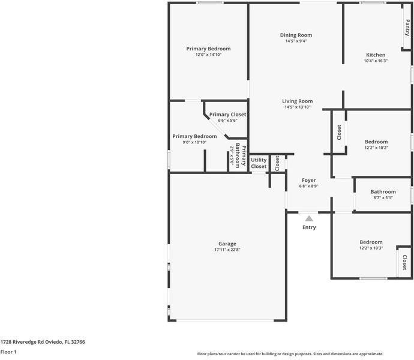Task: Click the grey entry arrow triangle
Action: [309, 219]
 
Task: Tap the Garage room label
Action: [227, 244]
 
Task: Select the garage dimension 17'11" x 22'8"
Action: [227, 250]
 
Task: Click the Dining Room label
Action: [296, 35]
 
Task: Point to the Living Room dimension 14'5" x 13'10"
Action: [298, 107]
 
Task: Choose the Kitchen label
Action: [376, 55]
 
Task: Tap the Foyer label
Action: [308, 180]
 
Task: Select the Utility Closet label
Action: [259, 163]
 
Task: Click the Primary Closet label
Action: [227, 114]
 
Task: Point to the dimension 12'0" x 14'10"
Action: [208, 55]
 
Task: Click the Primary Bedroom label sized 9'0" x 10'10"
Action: [194, 136]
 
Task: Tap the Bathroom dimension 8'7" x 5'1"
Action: [383, 198]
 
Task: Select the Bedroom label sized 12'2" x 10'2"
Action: [376, 142]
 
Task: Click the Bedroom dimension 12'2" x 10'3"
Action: [371, 248]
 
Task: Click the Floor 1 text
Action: [8, 352]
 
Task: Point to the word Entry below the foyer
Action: [309, 227]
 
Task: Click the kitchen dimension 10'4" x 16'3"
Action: [376, 61]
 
